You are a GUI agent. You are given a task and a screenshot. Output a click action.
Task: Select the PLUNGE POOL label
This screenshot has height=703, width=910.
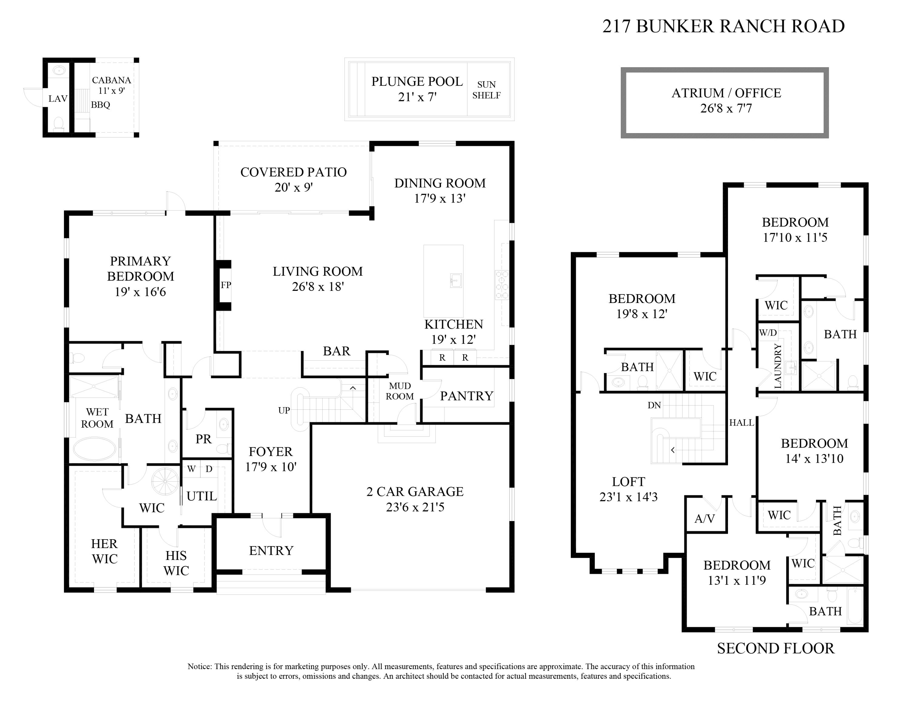417,82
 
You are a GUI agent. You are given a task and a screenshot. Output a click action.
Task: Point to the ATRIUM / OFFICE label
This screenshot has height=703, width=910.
726,93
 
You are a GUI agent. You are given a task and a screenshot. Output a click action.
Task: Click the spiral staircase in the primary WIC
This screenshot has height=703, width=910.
165,482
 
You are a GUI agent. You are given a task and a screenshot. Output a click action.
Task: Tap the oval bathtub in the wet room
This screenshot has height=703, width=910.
95,449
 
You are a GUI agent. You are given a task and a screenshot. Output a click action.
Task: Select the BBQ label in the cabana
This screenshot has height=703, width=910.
100,105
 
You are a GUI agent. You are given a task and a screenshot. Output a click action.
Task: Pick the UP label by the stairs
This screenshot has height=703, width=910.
284,410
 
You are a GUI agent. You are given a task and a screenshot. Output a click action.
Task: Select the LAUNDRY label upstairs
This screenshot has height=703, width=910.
777,366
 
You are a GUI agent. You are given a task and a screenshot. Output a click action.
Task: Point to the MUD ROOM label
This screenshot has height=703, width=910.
399,391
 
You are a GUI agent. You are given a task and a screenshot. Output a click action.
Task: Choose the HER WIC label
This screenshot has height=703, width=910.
105,551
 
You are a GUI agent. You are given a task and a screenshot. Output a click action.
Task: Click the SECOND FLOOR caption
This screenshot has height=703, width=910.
775,648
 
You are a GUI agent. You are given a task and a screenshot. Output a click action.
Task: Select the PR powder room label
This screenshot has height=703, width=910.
203,439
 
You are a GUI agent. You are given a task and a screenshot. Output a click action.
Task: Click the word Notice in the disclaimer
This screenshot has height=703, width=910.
200,666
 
